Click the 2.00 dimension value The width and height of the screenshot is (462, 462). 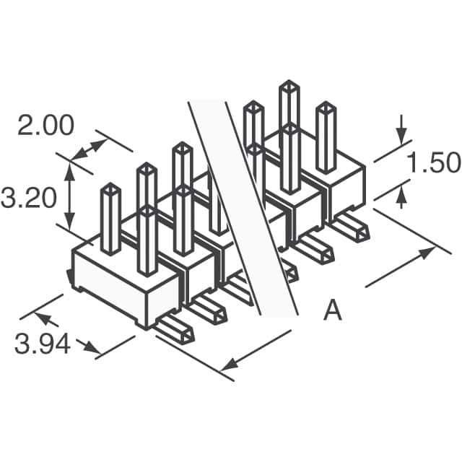[45, 126]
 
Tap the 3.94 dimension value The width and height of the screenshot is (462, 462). [43, 344]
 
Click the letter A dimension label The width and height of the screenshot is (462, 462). [332, 311]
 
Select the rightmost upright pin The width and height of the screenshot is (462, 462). [326, 137]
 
